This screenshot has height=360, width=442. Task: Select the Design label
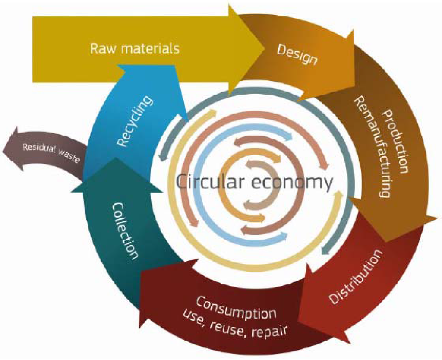click(x=297, y=54)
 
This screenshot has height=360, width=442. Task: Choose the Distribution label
click(x=356, y=276)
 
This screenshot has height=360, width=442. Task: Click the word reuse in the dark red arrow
click(x=228, y=324)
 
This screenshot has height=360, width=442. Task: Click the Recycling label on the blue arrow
click(x=135, y=122)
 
